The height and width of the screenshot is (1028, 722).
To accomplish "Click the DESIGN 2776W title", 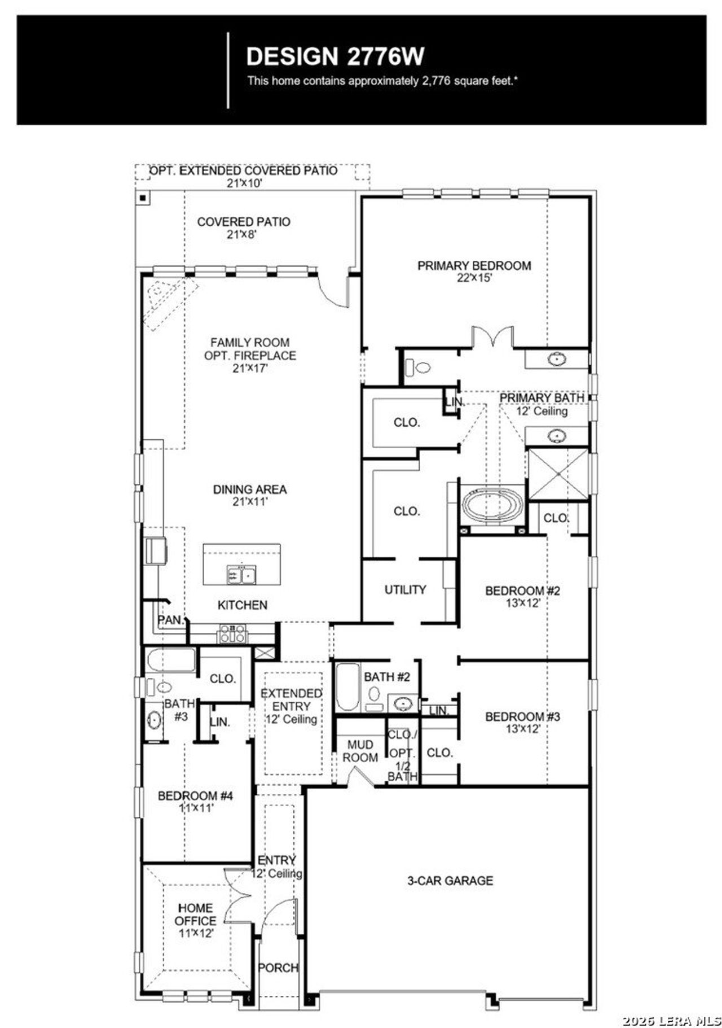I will click(335, 56).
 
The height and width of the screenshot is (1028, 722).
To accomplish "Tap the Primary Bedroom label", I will click(474, 265).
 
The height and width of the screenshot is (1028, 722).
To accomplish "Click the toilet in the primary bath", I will click(417, 368).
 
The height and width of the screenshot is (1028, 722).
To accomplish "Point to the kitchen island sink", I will click(241, 575).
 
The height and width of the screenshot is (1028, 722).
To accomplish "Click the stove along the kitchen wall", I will click(232, 634).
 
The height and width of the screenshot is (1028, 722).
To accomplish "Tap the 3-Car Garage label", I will click(450, 880).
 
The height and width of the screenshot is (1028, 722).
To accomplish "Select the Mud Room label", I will click(360, 751).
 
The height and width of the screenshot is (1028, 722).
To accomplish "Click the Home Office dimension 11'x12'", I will click(196, 933).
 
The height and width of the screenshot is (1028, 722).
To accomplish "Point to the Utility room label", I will click(405, 589).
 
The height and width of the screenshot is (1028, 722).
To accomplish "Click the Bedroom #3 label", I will click(522, 716).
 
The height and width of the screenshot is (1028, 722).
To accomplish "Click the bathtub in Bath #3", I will click(171, 659).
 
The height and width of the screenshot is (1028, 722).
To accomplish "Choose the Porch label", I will click(278, 968).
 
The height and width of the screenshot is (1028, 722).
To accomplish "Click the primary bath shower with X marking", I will click(557, 474).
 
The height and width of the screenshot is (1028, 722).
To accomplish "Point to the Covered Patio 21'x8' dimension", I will click(242, 234).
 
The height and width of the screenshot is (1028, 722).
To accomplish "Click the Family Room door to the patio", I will click(333, 291).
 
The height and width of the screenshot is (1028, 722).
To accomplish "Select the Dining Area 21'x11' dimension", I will click(249, 501).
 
